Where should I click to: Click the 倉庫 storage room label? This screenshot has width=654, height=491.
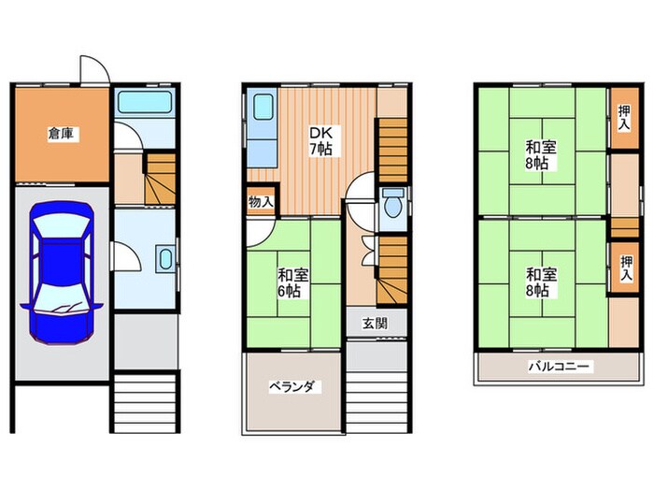[62, 134]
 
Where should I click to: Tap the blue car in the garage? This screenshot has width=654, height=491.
[62, 273]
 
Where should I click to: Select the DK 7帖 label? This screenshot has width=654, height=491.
[320, 141]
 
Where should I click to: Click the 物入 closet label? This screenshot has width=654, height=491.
[261, 203]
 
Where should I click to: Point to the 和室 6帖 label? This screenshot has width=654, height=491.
[293, 283]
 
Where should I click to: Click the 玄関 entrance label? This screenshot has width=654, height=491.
[375, 323]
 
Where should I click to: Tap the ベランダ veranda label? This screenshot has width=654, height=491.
[295, 386]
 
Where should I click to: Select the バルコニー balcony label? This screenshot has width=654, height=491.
[560, 367]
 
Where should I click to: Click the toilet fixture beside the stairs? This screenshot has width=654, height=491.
[393, 203]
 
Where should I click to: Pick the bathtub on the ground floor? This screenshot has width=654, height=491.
[145, 102]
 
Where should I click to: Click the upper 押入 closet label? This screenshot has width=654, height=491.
[624, 117]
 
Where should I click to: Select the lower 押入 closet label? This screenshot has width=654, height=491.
[626, 267]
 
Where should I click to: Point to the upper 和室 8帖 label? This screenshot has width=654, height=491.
[541, 155]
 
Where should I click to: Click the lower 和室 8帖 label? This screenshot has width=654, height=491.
[541, 282]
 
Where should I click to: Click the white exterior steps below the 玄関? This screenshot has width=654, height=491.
[377, 402]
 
